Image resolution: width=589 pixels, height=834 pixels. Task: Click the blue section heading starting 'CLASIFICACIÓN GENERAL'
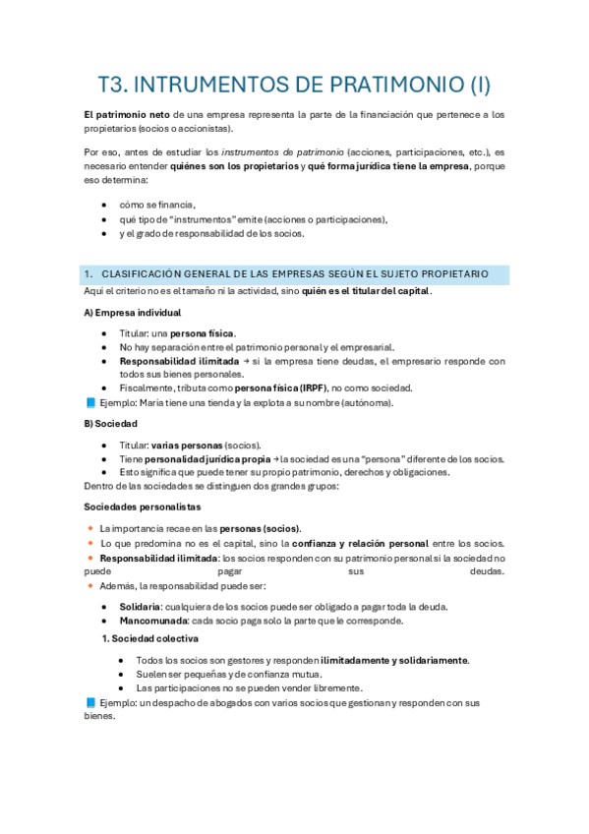[x=295, y=272]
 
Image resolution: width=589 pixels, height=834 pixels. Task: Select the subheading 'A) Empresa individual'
[x=133, y=312]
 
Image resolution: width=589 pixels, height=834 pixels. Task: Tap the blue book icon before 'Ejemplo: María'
[x=91, y=402]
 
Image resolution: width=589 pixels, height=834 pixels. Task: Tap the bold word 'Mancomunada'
[x=152, y=621]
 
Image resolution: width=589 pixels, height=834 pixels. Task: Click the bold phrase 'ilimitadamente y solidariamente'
[x=394, y=660]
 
